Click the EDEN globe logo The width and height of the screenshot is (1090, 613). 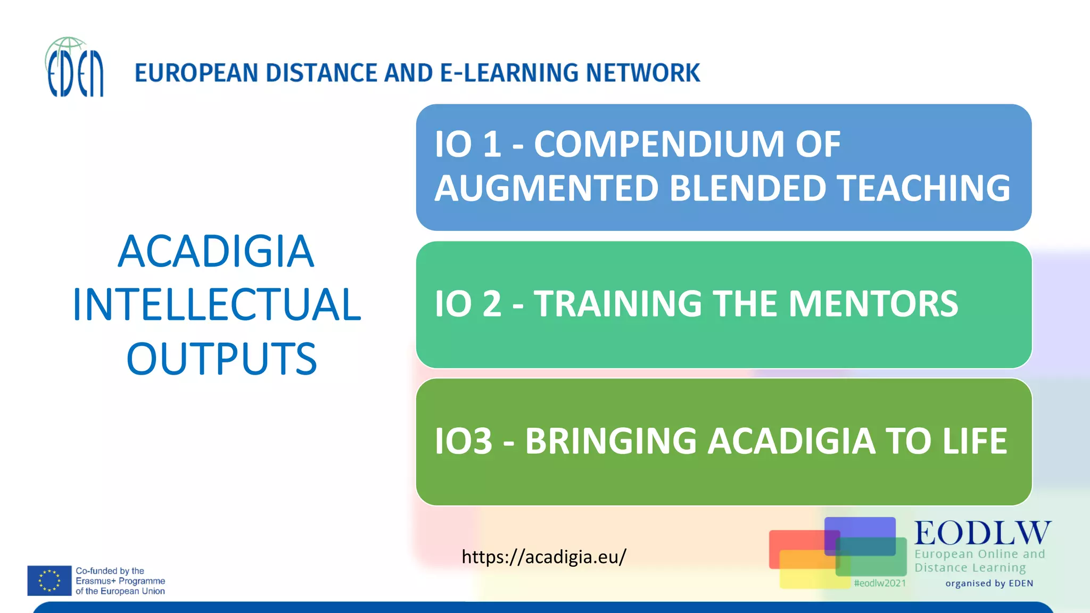(x=75, y=68)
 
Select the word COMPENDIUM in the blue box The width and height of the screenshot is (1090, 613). (x=659, y=144)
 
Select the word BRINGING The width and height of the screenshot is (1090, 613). (x=610, y=441)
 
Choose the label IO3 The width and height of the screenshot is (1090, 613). (x=464, y=441)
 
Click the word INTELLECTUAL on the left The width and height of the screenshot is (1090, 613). (x=217, y=304)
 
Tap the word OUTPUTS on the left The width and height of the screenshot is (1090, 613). (x=221, y=359)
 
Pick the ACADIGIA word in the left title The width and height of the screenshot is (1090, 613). (x=216, y=251)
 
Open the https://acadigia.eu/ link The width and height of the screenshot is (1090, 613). (x=543, y=557)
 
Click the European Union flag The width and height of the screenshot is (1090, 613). (x=49, y=581)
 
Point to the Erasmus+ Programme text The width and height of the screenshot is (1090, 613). (x=120, y=581)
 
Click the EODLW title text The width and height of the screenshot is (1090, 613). (x=982, y=533)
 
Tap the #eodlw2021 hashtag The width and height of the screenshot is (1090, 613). (x=879, y=583)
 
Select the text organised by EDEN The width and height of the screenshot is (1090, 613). (x=989, y=583)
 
